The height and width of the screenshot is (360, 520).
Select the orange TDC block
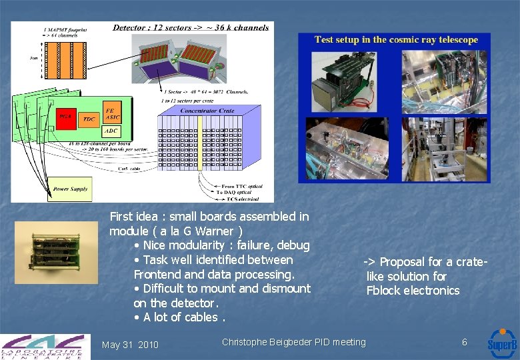89,118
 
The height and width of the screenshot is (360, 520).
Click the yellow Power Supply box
71,189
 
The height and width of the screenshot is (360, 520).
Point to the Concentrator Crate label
207,111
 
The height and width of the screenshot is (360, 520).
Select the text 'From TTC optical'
241,187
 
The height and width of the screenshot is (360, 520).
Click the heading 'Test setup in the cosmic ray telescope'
396,40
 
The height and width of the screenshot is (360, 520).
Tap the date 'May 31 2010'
130,345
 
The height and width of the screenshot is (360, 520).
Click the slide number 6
465,342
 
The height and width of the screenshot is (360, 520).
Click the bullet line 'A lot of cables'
180,317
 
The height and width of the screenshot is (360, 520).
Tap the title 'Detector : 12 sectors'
191,27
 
